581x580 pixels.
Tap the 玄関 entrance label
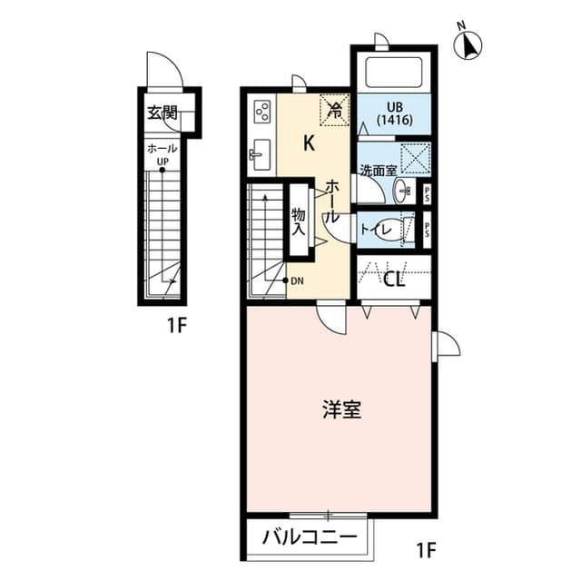point(163,114)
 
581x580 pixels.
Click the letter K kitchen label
point(309,143)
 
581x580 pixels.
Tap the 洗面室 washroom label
point(375,170)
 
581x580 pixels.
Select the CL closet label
point(393,279)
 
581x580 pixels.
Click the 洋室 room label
point(341,409)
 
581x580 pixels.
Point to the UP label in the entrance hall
point(162,164)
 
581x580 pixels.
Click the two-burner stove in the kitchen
point(261,113)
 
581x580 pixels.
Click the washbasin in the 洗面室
point(402,190)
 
